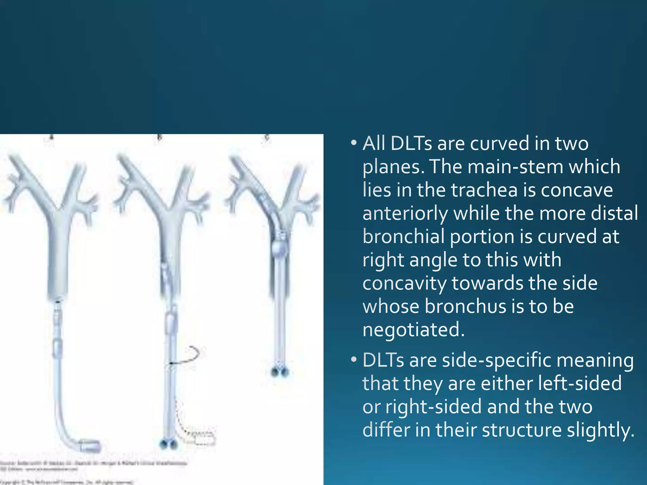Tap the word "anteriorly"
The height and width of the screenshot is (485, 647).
(405, 213)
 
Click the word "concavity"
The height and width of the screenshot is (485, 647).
(404, 283)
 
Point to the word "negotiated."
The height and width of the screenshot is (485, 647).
(414, 330)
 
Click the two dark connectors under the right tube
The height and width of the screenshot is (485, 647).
(280, 372)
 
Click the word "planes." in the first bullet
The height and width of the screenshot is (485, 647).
(393, 167)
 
